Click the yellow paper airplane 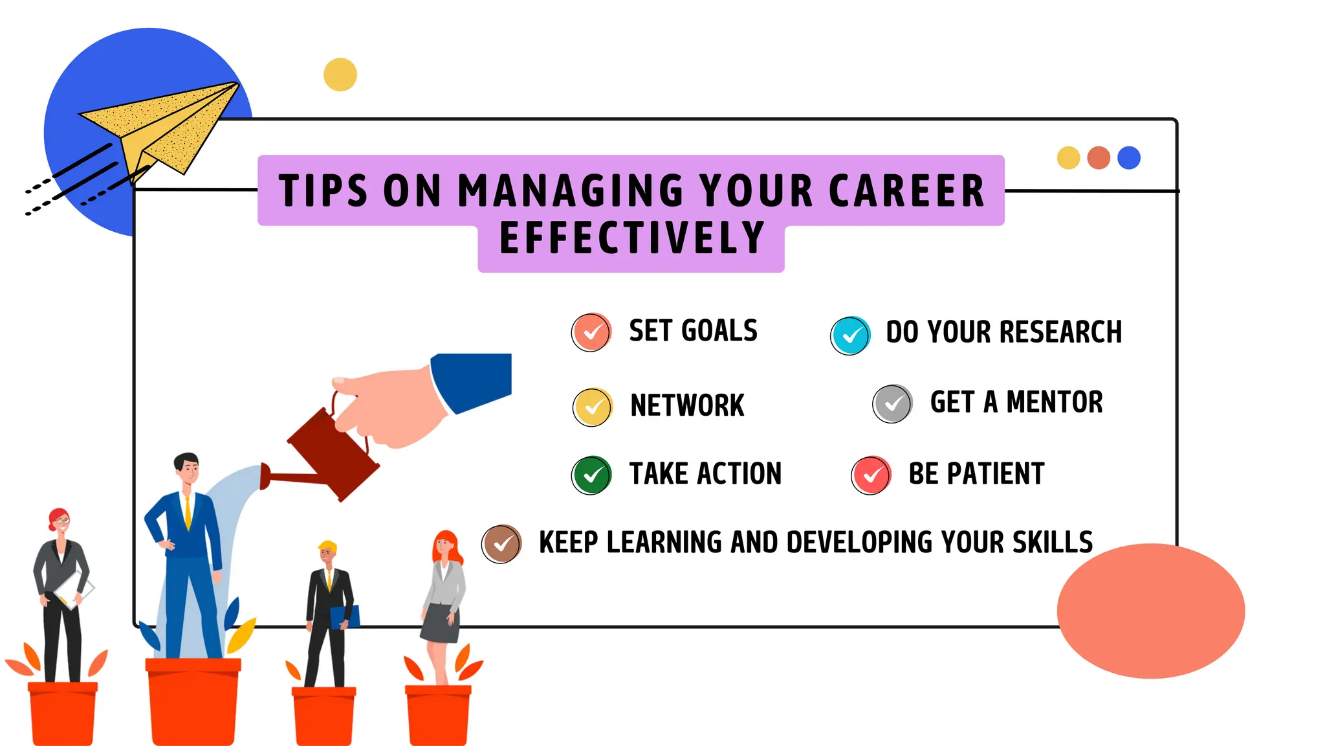162,126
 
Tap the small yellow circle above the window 340,74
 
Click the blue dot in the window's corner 1129,158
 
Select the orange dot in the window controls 1099,158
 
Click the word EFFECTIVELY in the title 632,238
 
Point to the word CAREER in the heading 906,192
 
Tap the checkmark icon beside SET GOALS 591,332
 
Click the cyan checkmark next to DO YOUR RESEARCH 850,335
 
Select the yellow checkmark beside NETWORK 593,407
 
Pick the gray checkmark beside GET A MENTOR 893,404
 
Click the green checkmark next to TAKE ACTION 591,475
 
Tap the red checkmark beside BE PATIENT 871,475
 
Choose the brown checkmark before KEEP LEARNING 501,544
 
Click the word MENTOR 1055,402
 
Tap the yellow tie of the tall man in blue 188,512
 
